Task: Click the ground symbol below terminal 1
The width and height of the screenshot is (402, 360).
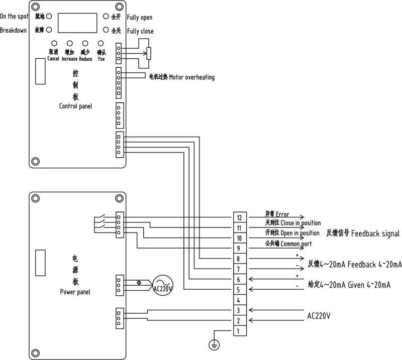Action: [x=214, y=345]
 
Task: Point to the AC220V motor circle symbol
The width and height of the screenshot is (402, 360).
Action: [x=163, y=285]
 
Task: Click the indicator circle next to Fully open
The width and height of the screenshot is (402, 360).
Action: [x=106, y=16]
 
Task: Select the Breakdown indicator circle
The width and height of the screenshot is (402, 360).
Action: [x=49, y=30]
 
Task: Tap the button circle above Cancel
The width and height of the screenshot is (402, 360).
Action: [x=54, y=43]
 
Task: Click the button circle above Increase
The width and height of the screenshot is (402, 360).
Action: [x=69, y=43]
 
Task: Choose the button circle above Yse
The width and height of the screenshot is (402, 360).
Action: [x=101, y=43]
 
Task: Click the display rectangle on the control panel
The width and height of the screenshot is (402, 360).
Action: [x=77, y=23]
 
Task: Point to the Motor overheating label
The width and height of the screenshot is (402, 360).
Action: [x=191, y=77]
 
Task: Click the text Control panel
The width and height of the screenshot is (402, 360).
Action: [x=76, y=106]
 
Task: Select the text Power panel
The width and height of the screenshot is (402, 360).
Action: [x=75, y=292]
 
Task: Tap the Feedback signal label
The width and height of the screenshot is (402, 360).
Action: [x=375, y=233]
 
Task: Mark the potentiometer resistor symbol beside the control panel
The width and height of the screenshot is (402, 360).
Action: [x=149, y=53]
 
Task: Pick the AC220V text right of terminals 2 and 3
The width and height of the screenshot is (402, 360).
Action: [x=319, y=316]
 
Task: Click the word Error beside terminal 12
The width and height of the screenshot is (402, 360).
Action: [x=282, y=214]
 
